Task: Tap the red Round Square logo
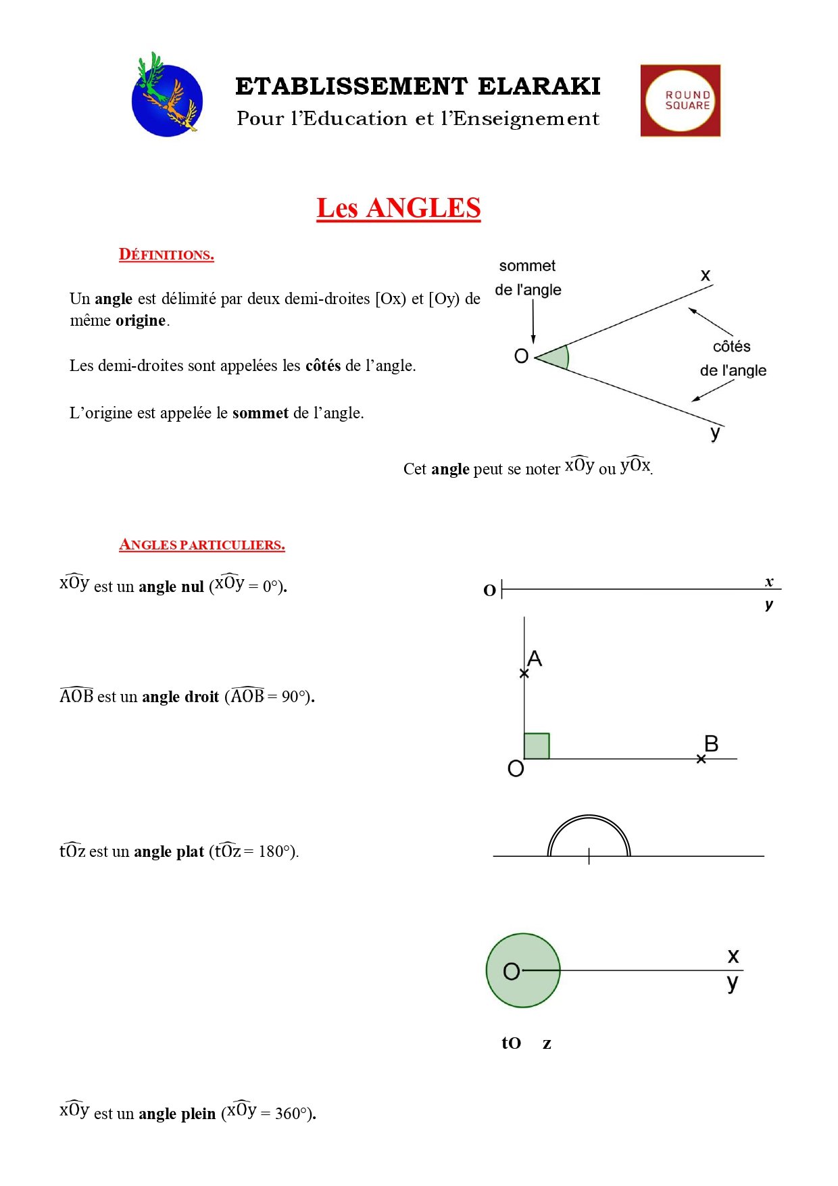pyautogui.click(x=680, y=101)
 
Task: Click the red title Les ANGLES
pyautogui.click(x=398, y=208)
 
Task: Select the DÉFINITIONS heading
pyautogui.click(x=166, y=255)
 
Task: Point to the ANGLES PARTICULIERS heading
pyautogui.click(x=201, y=545)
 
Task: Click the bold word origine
pyautogui.click(x=141, y=320)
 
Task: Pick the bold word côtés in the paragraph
pyautogui.click(x=323, y=366)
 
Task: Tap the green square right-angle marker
pyautogui.click(x=537, y=746)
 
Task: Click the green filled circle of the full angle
pyautogui.click(x=523, y=970)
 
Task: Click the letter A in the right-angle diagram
pyautogui.click(x=535, y=658)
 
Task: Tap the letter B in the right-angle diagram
pyautogui.click(x=711, y=743)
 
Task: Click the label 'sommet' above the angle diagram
pyautogui.click(x=527, y=266)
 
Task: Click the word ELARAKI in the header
pyautogui.click(x=539, y=87)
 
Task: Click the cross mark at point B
pyautogui.click(x=701, y=759)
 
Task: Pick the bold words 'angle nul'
pyautogui.click(x=171, y=587)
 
